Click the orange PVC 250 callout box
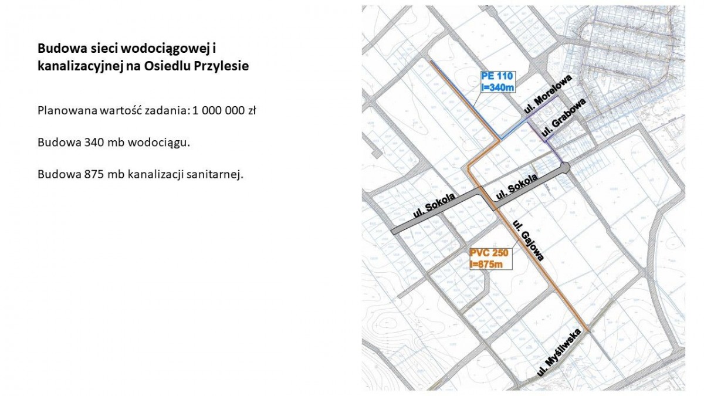(x=490, y=259)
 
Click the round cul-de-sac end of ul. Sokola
(x=565, y=167)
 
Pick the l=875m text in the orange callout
(x=487, y=265)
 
